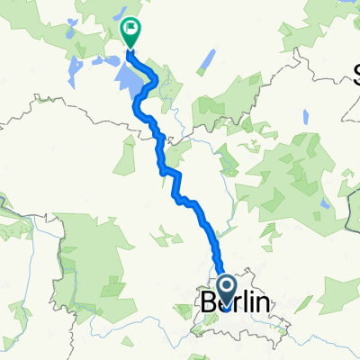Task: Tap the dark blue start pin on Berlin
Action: click(x=225, y=289)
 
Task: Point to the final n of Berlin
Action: click(x=261, y=304)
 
